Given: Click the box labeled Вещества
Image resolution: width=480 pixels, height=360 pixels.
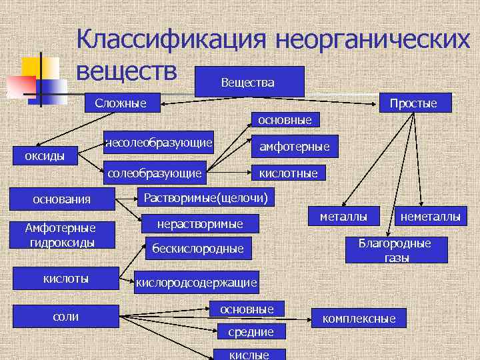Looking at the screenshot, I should coord(247,82).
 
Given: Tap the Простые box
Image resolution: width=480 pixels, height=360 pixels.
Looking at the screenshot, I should coord(413,103).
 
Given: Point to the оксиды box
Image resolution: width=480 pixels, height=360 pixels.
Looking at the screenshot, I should coord(45,156).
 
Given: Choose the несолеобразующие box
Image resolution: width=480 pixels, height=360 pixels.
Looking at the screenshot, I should coord(159,142).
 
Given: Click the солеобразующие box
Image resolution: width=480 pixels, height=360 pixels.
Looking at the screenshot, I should coord(154,173).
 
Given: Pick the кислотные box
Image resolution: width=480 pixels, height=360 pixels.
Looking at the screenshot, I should coord(289,173).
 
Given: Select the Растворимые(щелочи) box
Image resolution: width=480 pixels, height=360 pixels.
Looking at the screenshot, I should coord(206,197).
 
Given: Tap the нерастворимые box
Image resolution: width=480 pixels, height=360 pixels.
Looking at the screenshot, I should coord(199,223).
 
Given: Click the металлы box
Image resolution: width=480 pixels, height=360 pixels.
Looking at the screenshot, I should coord(343,216).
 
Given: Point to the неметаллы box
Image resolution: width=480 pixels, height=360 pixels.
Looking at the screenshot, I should coord(430,216).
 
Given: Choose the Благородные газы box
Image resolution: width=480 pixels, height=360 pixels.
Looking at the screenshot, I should coord(395,250).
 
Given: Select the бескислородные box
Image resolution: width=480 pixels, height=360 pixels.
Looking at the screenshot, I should coord(199,249).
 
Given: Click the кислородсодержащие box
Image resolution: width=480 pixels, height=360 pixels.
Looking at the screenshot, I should coord(196,283).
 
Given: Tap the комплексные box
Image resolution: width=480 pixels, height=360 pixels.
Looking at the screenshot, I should coord(359,319).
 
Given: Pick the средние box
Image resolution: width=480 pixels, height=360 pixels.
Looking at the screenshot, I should coord(251,331).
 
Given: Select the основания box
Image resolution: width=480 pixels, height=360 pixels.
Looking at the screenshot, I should coord(62,199).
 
